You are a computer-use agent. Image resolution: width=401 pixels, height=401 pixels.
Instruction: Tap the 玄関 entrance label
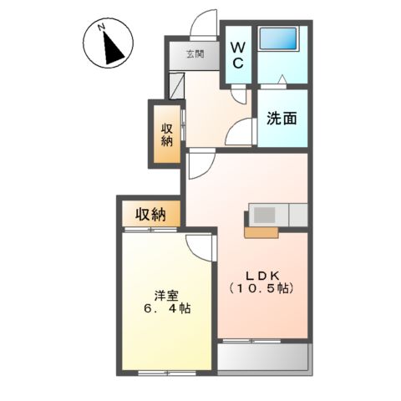click(195, 55)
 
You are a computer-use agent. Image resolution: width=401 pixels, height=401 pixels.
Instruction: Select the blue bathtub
click(281, 41)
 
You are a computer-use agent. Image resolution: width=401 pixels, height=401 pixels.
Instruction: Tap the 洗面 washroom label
click(282, 119)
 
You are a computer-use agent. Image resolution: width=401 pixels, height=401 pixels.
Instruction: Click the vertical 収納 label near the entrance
click(166, 135)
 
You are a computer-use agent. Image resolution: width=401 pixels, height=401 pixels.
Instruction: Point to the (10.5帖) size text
click(261, 289)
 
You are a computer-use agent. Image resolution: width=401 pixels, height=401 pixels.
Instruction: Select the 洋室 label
click(165, 294)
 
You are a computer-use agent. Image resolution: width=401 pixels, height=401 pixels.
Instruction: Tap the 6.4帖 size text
click(165, 309)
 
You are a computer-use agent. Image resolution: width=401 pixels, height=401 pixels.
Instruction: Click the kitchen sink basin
click(264, 215)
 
